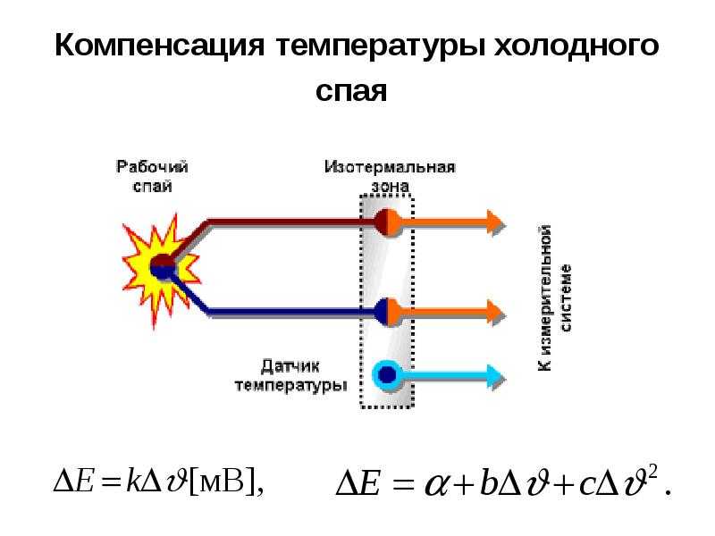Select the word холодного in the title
(x=576, y=46)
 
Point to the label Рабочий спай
(x=152, y=176)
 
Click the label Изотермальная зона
(x=390, y=176)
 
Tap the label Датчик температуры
(x=290, y=376)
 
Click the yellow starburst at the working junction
(x=161, y=269)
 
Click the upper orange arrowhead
(x=495, y=222)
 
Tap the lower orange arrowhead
(x=495, y=312)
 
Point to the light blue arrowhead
(x=495, y=376)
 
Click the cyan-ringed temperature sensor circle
(x=388, y=375)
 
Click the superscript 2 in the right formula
(x=652, y=474)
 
